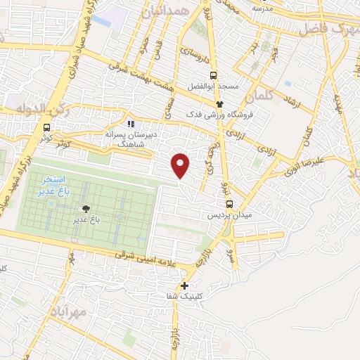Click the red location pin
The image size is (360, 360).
point(181,166)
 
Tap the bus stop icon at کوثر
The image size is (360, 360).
point(46,127)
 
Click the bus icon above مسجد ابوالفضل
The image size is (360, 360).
point(213,75)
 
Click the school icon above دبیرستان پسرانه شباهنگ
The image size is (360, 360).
point(130,124)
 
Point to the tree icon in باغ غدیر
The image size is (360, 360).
point(86,209)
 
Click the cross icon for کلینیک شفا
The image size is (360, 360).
point(184,286)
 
